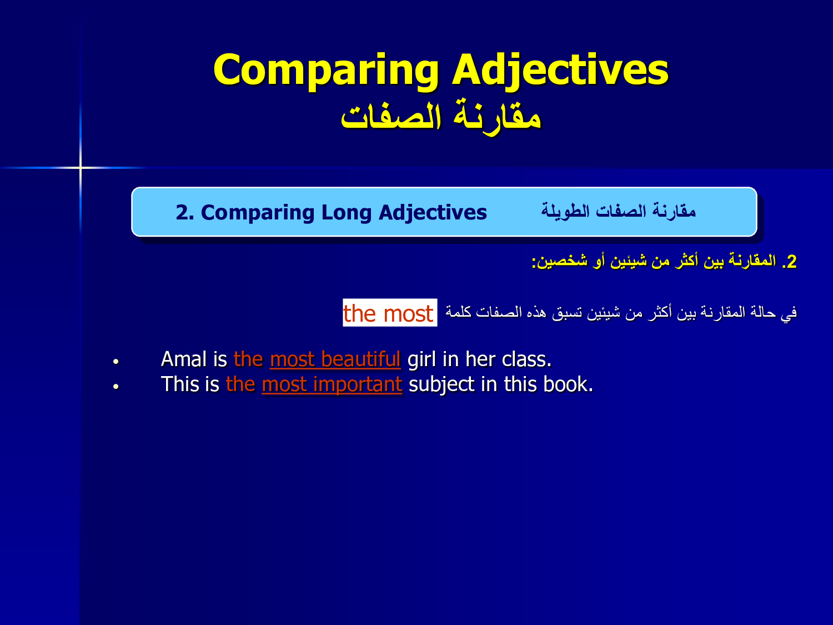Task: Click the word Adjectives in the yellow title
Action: [x=560, y=71]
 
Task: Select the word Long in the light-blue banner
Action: [x=346, y=213]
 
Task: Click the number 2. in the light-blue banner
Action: [x=185, y=213]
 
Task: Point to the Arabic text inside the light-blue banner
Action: [x=618, y=211]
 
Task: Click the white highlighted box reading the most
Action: [x=390, y=313]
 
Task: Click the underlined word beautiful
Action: [x=361, y=359]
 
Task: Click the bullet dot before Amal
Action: [x=116, y=362]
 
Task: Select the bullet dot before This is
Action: [x=116, y=387]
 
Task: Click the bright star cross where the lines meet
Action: [x=81, y=167]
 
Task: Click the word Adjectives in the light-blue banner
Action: [x=433, y=213]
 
